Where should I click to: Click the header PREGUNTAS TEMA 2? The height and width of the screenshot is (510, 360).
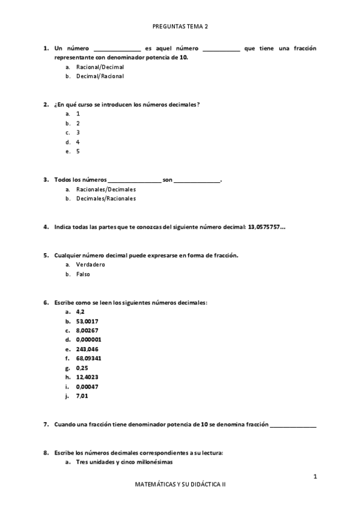[x=180, y=26]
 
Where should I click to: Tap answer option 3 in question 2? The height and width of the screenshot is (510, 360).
[x=78, y=132]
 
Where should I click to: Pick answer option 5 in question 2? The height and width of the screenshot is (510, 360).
[x=78, y=152]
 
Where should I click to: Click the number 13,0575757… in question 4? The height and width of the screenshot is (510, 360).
[x=267, y=227]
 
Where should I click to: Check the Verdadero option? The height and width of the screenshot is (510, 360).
[x=91, y=265]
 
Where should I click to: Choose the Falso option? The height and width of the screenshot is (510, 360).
[x=83, y=274]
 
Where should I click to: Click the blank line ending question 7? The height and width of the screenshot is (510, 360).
[x=293, y=425]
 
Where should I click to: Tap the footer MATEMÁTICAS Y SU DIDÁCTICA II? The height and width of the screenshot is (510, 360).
[x=180, y=484]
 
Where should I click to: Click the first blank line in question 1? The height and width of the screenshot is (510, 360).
[x=117, y=49]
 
